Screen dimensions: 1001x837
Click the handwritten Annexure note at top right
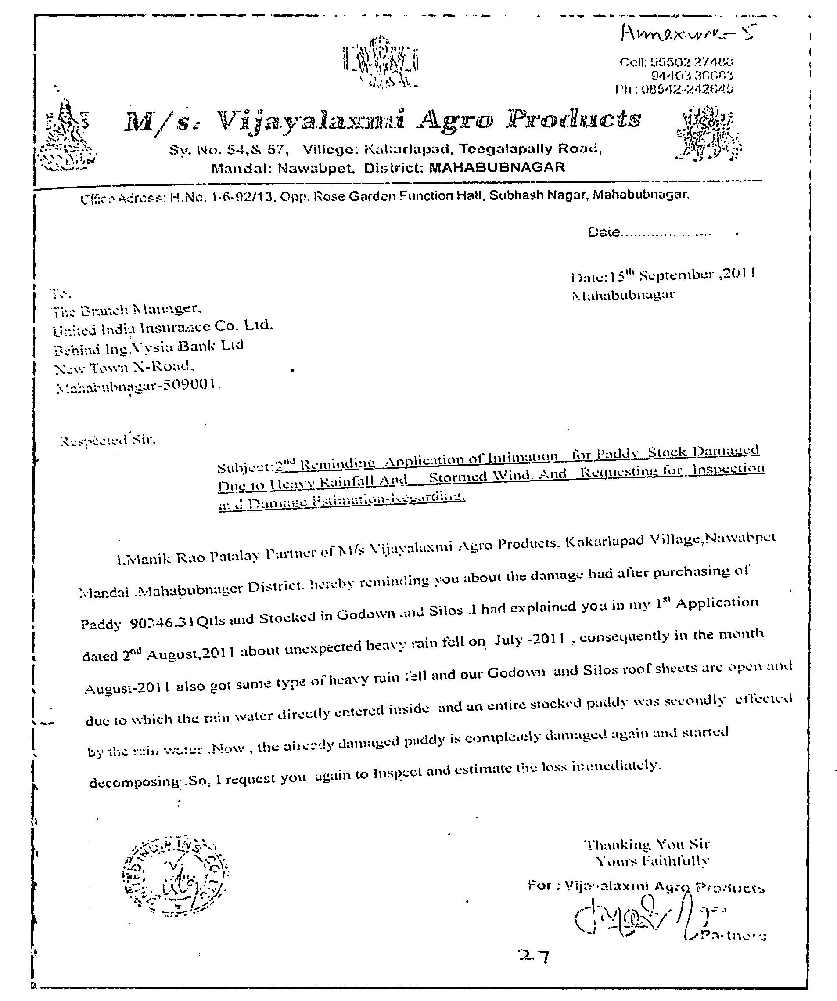point(689,33)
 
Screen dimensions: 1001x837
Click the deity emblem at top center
point(380,62)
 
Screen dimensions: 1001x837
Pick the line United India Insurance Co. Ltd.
point(162,328)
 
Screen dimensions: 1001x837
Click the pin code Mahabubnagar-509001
point(138,386)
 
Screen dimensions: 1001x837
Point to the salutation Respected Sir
point(108,441)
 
